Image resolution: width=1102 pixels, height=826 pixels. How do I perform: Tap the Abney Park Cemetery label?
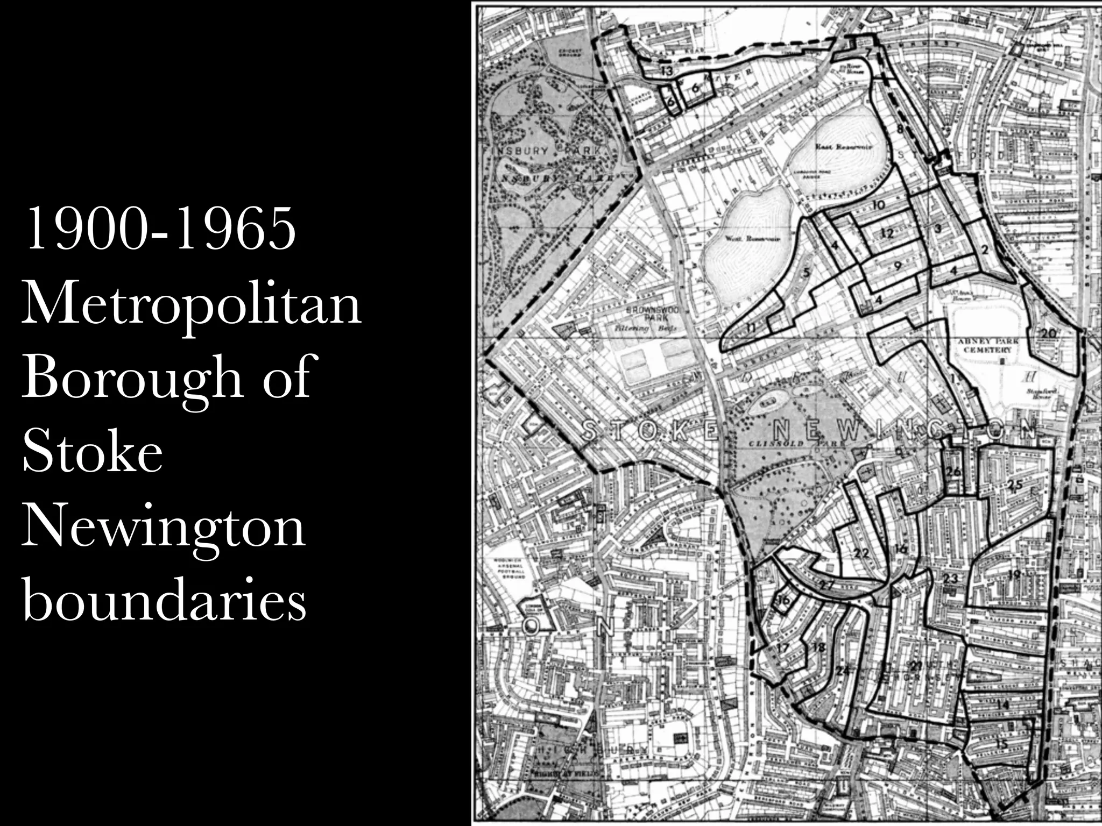tap(991, 345)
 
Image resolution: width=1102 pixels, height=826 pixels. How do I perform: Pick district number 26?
tap(953, 472)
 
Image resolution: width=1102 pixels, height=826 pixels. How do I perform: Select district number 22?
tap(861, 553)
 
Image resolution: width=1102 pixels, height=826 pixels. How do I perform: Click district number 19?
tap(1014, 574)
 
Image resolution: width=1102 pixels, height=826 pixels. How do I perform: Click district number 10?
tap(879, 205)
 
